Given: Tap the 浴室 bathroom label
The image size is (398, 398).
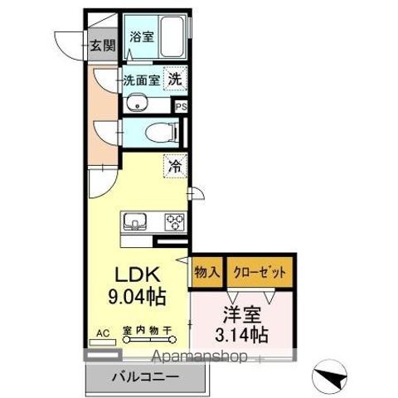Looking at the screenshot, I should point(142,36).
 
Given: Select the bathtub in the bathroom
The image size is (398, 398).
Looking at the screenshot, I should point(172,37).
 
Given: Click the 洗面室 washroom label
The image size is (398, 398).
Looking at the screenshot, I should point(141,80).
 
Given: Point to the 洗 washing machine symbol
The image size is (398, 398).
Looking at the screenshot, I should point(175,80).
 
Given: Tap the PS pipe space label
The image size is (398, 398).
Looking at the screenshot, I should point(182,106).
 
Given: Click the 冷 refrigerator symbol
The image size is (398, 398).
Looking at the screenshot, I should point(175,167).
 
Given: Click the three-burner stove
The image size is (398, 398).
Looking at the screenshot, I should point(174,221).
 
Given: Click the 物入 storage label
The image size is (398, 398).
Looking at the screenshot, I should point(207,271).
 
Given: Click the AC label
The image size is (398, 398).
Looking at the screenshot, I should point(104,333).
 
